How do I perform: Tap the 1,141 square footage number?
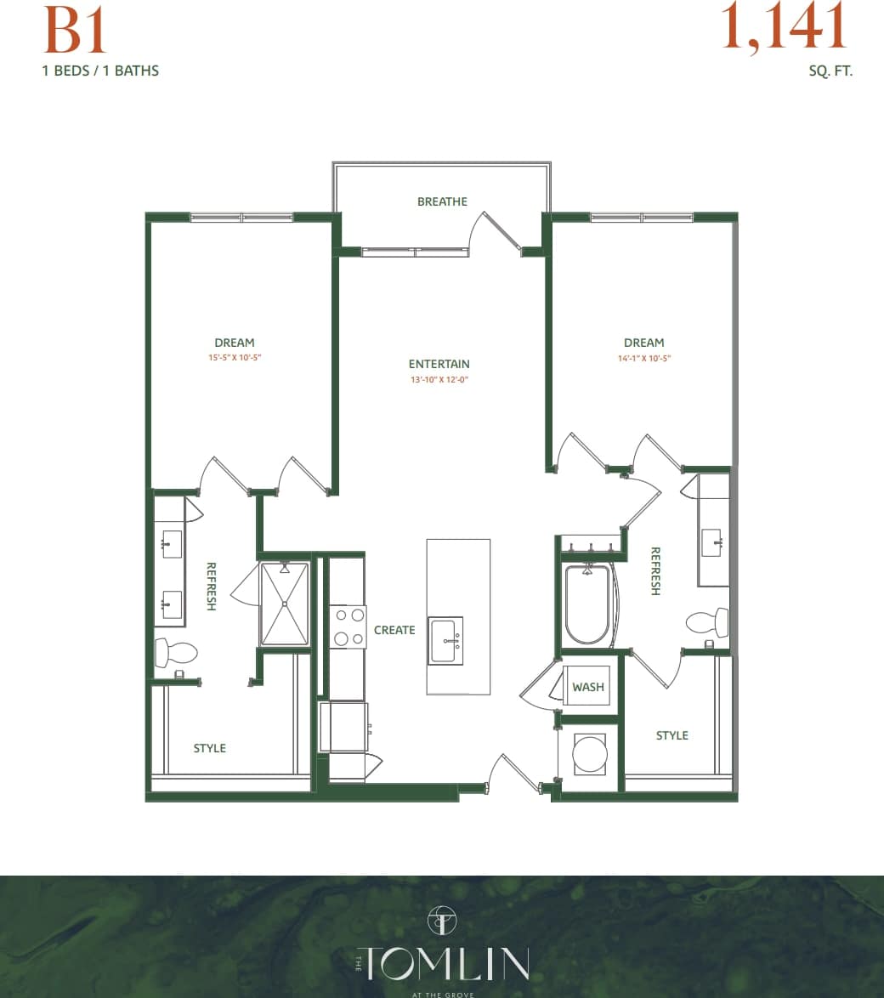pyautogui.click(x=784, y=27)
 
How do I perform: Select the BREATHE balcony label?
pyautogui.click(x=442, y=201)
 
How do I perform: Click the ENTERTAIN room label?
pyautogui.click(x=439, y=364)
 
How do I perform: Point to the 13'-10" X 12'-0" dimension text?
pyautogui.click(x=439, y=380)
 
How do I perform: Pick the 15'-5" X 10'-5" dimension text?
pyautogui.click(x=234, y=358)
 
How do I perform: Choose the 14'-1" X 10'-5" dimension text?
pyautogui.click(x=643, y=358)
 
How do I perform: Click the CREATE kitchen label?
pyautogui.click(x=394, y=630)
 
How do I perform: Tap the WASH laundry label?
pyautogui.click(x=587, y=687)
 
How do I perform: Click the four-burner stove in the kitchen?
pyautogui.click(x=347, y=627)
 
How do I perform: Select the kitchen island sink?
pyautogui.click(x=445, y=640)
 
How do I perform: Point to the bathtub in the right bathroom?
pyautogui.click(x=587, y=604)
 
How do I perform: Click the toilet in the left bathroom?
pyautogui.click(x=176, y=653)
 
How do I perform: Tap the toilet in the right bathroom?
pyautogui.click(x=707, y=622)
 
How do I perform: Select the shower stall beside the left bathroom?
pyautogui.click(x=285, y=604)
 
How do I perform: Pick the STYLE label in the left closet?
pyautogui.click(x=209, y=748)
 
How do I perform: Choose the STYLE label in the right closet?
pyautogui.click(x=671, y=735)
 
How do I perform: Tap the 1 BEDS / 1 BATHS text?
pyautogui.click(x=100, y=71)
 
